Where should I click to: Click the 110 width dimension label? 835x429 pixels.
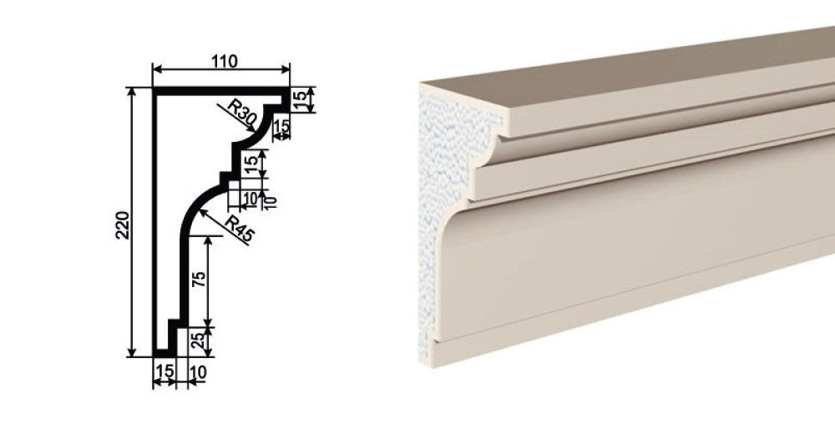pyautogui.click(x=224, y=62)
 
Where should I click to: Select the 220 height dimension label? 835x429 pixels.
pyautogui.click(x=123, y=225)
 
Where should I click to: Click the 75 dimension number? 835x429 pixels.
pyautogui.click(x=199, y=280)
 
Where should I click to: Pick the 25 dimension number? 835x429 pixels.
pyautogui.click(x=198, y=341)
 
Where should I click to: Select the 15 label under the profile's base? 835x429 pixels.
pyautogui.click(x=164, y=371)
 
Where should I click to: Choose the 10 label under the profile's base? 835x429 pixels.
pyautogui.click(x=198, y=372)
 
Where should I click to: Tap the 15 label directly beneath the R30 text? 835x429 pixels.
pyautogui.click(x=281, y=127)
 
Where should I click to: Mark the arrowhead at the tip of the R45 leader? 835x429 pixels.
pyautogui.click(x=202, y=212)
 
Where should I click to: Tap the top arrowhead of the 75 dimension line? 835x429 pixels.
pyautogui.click(x=208, y=241)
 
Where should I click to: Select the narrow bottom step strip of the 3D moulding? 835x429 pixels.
pyautogui.click(x=612, y=320)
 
